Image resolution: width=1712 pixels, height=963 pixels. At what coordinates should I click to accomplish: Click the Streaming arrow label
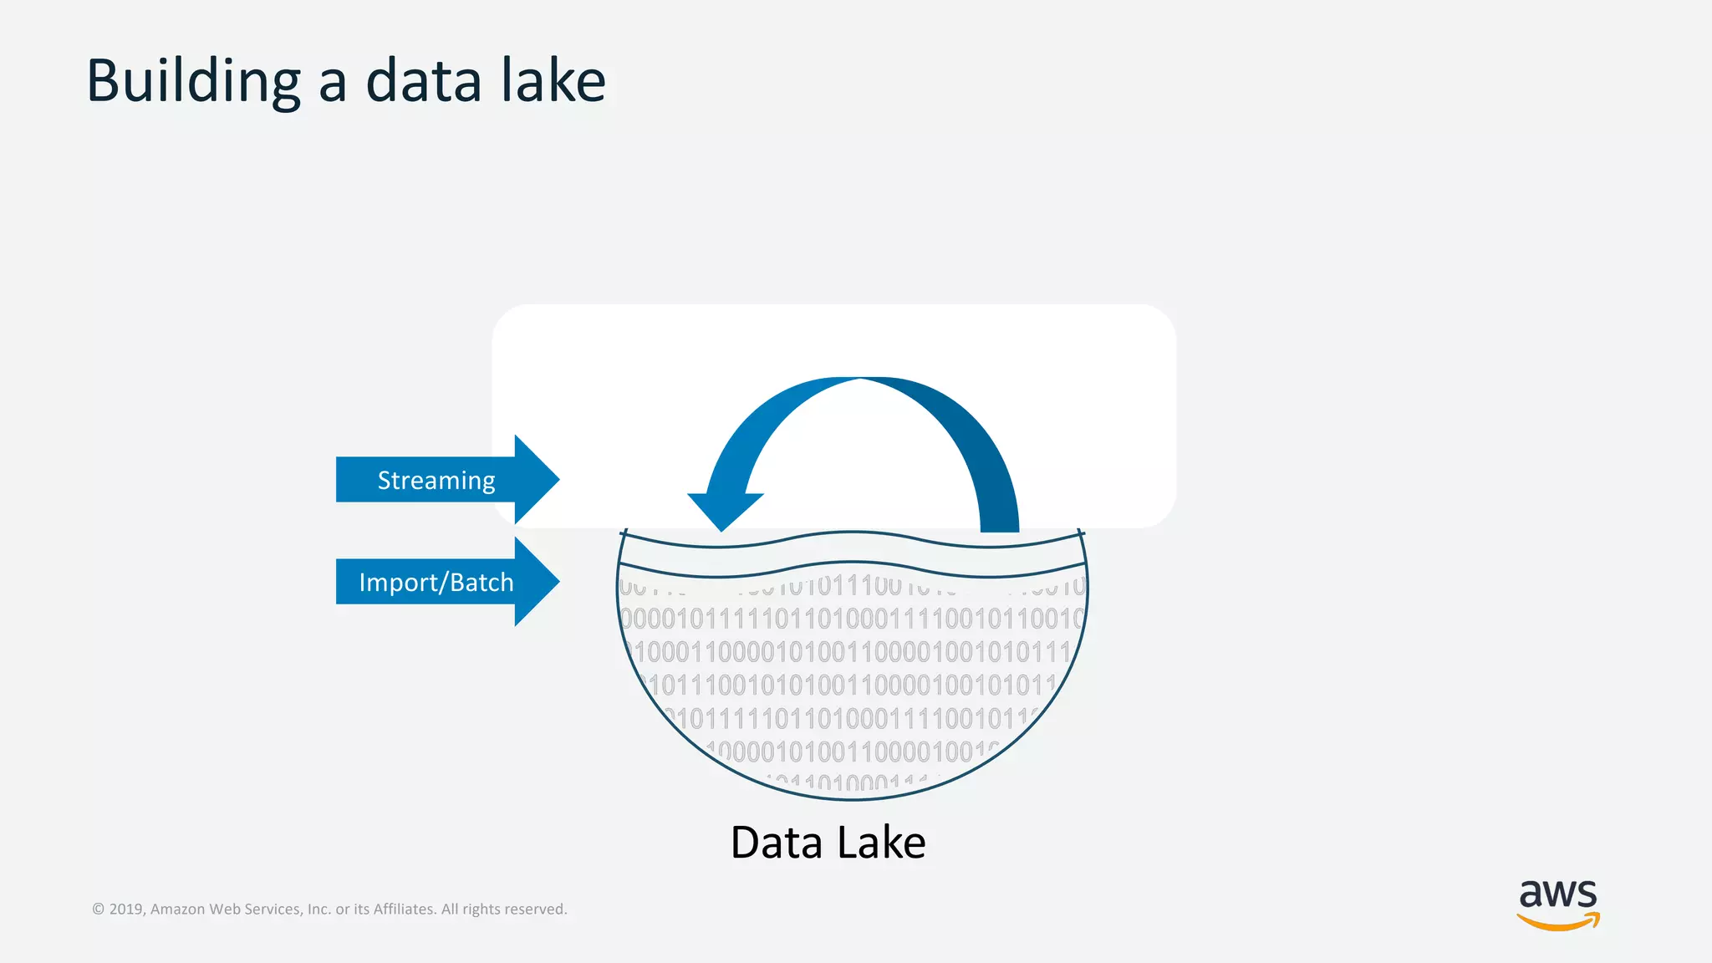tap(436, 480)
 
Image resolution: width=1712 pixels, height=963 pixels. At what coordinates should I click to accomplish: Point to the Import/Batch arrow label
tap(436, 582)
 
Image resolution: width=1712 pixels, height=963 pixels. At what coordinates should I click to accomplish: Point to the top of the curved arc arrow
tap(861, 381)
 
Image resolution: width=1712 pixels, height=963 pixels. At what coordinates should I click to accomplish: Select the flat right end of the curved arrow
tap(1000, 529)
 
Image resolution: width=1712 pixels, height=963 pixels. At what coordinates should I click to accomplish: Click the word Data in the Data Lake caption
tap(777, 843)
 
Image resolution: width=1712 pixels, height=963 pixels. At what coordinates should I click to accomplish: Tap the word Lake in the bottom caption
tap(881, 843)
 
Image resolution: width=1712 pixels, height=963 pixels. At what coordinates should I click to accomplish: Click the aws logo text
tap(1557, 894)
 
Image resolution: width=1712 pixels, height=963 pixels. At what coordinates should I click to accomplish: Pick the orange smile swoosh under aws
tap(1558, 922)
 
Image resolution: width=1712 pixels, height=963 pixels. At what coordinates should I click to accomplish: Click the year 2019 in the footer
tap(125, 909)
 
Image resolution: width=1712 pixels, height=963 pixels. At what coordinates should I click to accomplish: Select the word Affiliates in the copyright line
tap(404, 909)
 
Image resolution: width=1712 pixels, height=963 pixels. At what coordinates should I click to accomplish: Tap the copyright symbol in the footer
tap(98, 909)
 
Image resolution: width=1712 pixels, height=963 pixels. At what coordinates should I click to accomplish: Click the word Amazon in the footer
tap(177, 909)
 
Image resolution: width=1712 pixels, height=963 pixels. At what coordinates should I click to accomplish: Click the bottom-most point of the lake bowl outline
tap(853, 800)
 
